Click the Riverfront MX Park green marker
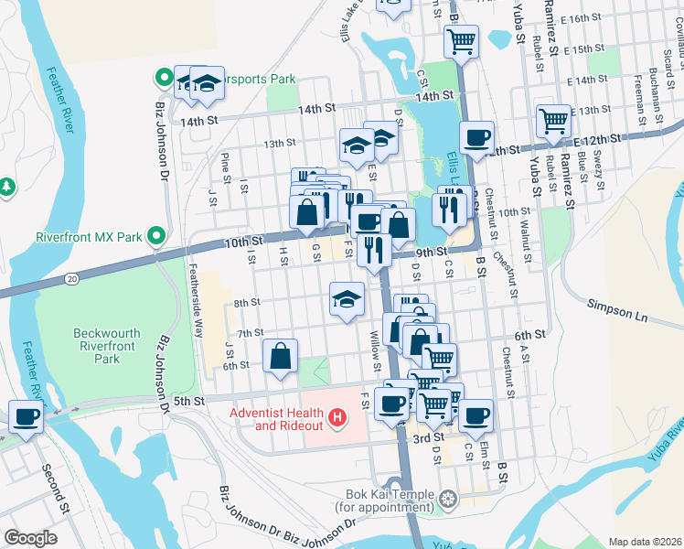tap(156, 237)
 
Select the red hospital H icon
tap(338, 419)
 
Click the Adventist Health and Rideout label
tap(276, 419)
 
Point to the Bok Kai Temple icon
tap(447, 499)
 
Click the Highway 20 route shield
tap(71, 277)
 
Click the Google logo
tap(30, 538)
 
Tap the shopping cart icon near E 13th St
tap(553, 121)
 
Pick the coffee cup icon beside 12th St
tap(476, 138)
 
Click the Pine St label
tap(225, 169)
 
